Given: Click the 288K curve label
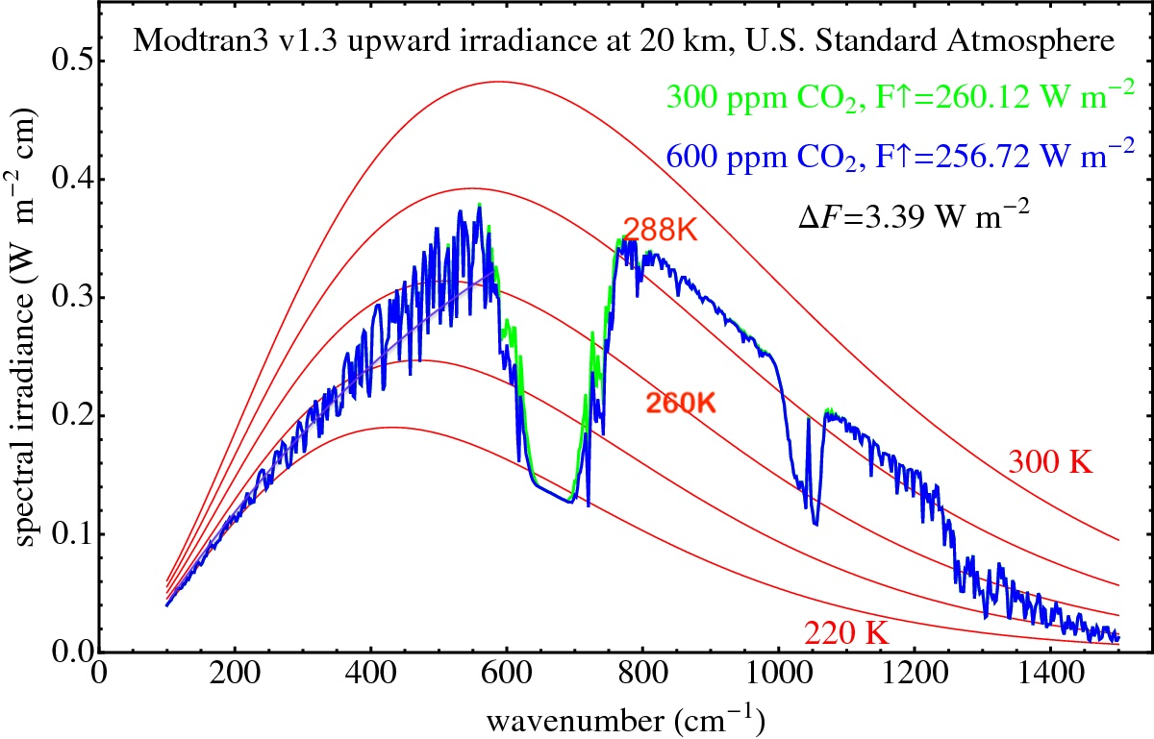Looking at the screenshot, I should [x=658, y=229].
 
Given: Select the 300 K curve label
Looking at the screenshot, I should [x=1050, y=462].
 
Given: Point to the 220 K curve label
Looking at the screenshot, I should [x=845, y=634].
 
